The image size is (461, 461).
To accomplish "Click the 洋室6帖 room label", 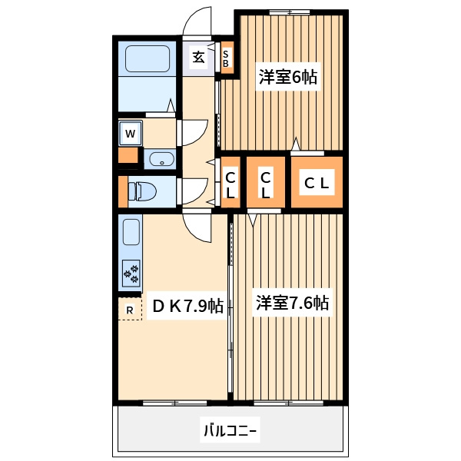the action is tap(288, 77).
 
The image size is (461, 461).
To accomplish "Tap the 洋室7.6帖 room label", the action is tap(292, 303).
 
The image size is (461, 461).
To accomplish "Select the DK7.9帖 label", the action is tap(187, 306).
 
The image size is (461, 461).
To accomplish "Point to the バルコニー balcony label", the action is tap(230, 431).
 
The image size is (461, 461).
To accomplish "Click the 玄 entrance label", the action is tap(198, 57).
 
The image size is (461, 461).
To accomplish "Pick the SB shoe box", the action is tap(227, 58).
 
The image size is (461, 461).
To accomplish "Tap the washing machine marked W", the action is tap(131, 133).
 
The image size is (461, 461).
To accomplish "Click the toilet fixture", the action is tap(141, 191).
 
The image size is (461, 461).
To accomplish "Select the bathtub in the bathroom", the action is tap(148, 58).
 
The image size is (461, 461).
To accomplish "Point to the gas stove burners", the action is tap(131, 274).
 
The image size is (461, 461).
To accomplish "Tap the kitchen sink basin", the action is tap(131, 232).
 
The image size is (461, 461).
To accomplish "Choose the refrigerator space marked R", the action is tap(130, 309).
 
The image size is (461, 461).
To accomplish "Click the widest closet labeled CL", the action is tap(317, 182).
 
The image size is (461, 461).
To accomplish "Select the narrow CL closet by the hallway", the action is tap(230, 182).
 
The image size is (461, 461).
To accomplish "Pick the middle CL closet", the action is tap(266, 182).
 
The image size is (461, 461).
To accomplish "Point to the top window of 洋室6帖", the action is tap(290, 12).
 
